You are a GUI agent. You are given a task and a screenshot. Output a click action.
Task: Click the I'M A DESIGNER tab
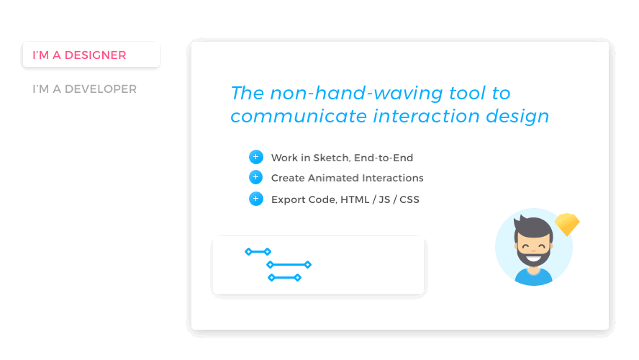(x=91, y=55)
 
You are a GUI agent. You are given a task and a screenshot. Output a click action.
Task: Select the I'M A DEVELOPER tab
(x=84, y=89)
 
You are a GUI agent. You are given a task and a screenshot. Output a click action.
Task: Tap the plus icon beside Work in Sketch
(x=256, y=157)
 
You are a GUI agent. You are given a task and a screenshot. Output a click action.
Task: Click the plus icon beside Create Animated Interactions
(x=256, y=177)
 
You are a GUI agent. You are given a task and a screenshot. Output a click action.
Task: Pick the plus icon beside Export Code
(x=256, y=199)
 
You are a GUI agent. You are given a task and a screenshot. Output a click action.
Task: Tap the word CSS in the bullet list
(x=409, y=199)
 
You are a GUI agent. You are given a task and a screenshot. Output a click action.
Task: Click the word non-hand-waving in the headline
(x=356, y=93)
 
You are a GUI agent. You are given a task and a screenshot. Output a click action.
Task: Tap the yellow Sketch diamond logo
(x=567, y=224)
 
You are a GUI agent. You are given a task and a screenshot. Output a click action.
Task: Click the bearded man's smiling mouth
(x=533, y=258)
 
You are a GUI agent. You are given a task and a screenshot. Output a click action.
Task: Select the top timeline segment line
(x=258, y=251)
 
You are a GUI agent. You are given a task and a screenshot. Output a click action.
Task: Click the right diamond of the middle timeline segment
(x=308, y=264)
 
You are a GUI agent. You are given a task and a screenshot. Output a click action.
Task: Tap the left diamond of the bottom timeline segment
(x=271, y=278)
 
